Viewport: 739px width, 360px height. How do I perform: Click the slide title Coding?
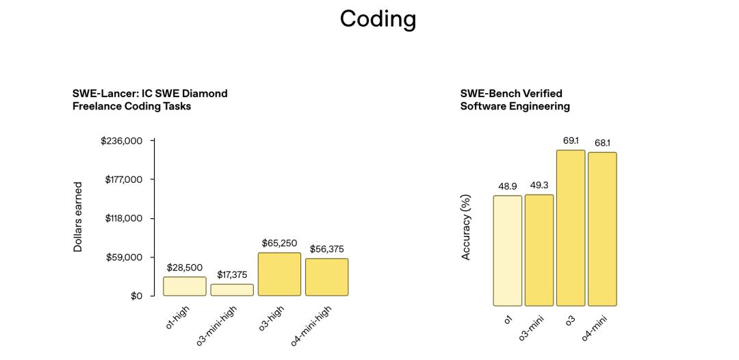tap(378, 18)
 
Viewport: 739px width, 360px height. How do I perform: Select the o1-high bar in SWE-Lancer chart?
tap(185, 286)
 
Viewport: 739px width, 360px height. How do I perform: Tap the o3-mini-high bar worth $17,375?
tap(232, 290)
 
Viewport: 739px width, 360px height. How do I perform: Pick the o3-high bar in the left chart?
tap(279, 274)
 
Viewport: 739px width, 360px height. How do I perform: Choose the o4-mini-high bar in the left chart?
tap(326, 277)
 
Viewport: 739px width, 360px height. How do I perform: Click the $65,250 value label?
tap(279, 243)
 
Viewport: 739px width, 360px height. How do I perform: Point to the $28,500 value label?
tap(185, 268)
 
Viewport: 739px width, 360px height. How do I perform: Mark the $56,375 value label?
tap(326, 249)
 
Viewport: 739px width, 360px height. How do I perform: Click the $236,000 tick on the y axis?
tap(121, 141)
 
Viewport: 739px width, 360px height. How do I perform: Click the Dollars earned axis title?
tap(78, 217)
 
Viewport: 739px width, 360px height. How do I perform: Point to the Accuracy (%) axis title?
tap(466, 227)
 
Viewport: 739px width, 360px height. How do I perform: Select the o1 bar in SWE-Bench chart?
tap(508, 250)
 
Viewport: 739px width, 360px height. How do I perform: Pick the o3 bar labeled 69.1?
tap(571, 228)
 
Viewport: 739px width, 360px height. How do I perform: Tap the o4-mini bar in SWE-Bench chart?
tap(602, 229)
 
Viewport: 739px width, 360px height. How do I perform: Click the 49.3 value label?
tap(539, 185)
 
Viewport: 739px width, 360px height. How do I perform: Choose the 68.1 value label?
tap(602, 143)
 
